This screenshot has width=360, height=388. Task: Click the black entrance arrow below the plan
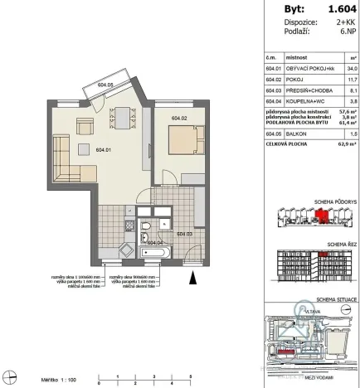(194, 276)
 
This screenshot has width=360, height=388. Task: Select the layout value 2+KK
(343, 24)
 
